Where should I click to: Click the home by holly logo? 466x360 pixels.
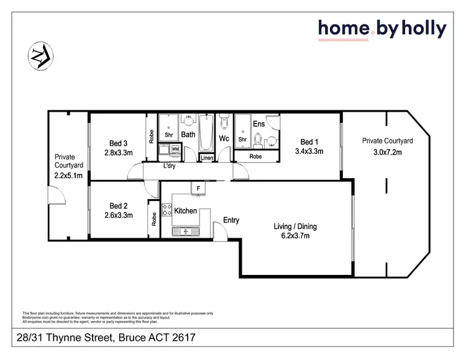[x=382, y=29]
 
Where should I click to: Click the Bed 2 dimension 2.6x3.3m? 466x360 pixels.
[x=118, y=217]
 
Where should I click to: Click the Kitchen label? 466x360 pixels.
[x=185, y=211]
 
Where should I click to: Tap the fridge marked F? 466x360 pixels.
[x=198, y=187]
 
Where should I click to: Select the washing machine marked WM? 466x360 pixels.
[x=175, y=149]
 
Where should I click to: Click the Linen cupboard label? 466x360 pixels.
[x=207, y=158]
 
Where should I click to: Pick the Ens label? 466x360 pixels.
[x=259, y=124]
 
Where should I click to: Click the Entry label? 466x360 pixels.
[x=231, y=220]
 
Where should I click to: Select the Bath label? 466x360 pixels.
[x=188, y=134]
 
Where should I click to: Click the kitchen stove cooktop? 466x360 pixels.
[x=166, y=210]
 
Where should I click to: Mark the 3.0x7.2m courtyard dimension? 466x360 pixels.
[x=387, y=151]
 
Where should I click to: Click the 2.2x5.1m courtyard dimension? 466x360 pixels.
[x=68, y=176]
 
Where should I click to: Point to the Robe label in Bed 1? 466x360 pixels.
[x=255, y=157]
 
